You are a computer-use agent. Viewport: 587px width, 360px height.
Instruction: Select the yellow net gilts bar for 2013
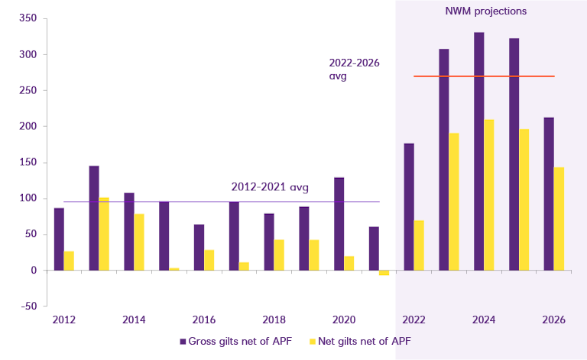tap(104, 234)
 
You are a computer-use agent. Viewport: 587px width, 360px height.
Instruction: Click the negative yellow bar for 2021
tap(384, 273)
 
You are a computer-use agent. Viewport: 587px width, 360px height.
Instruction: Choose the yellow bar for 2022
tap(419, 245)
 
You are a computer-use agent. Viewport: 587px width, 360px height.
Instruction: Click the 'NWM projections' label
tap(486, 11)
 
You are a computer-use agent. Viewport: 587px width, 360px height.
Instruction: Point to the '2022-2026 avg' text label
tap(355, 70)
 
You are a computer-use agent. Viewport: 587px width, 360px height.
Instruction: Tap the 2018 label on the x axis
tap(274, 319)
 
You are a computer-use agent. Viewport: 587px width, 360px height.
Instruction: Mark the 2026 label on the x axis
tap(553, 319)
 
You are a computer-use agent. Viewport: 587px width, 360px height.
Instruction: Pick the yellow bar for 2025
tap(524, 199)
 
